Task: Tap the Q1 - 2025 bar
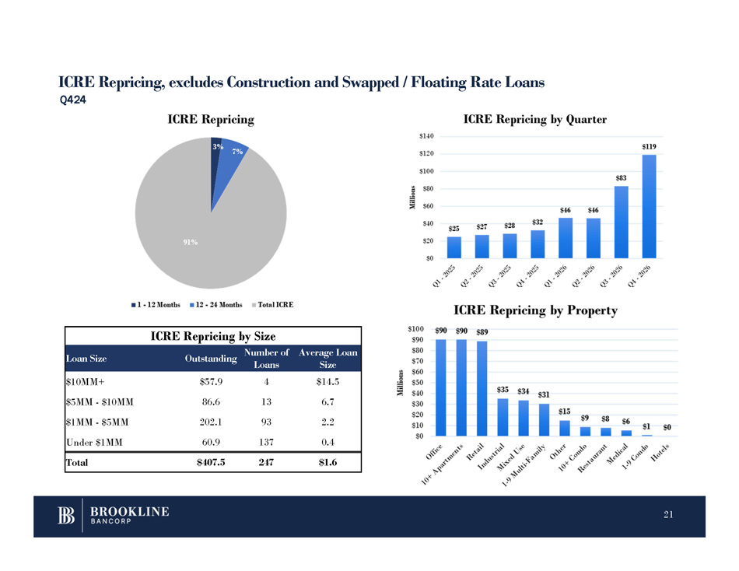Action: (454, 247)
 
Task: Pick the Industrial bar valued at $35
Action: (503, 417)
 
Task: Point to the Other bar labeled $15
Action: (564, 428)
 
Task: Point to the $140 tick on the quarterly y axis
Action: (426, 136)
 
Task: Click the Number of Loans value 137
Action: (267, 442)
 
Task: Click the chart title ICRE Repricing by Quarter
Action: (534, 119)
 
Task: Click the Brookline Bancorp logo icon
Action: (66, 517)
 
